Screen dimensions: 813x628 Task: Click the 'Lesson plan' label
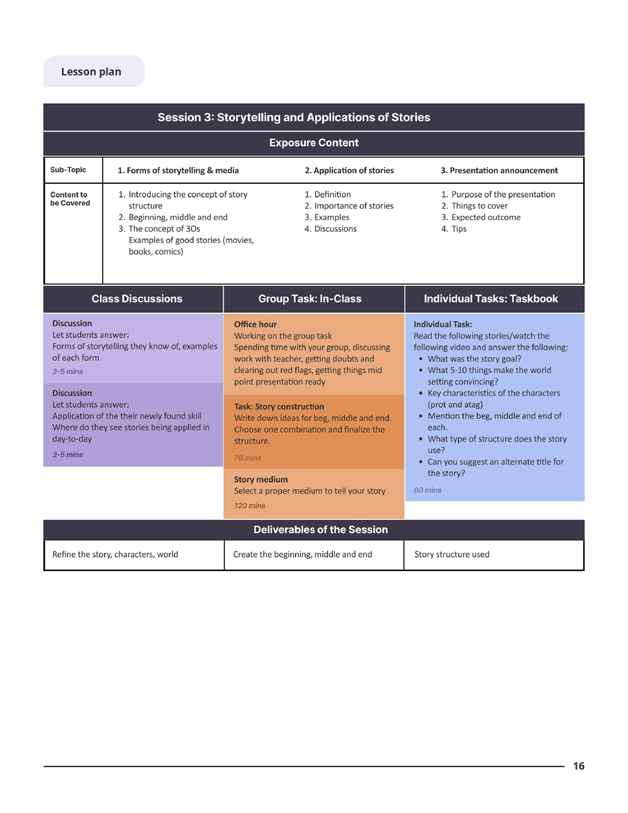click(x=91, y=72)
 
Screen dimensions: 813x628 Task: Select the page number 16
click(x=578, y=766)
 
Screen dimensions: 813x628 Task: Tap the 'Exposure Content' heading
click(x=313, y=143)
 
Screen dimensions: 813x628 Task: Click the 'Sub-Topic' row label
click(x=68, y=170)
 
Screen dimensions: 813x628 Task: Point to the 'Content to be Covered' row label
click(x=70, y=199)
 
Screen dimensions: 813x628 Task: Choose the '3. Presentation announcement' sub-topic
click(x=499, y=171)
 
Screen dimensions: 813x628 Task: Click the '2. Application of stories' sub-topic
click(x=349, y=171)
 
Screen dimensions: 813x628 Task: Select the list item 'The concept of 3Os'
click(x=164, y=229)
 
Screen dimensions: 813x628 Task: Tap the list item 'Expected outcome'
click(x=486, y=217)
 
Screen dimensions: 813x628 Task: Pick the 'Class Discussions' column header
click(x=137, y=299)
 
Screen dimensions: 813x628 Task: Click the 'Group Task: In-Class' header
click(x=310, y=299)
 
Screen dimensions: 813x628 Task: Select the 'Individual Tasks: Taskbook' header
click(x=490, y=299)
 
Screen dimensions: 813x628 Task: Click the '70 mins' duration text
click(x=248, y=458)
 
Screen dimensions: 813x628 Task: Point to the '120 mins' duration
click(x=250, y=506)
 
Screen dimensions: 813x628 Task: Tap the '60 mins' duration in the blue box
click(x=428, y=491)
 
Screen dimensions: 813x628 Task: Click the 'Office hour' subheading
click(x=255, y=325)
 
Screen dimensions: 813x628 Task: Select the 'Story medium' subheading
click(x=261, y=480)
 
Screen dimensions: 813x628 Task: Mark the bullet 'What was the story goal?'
click(x=474, y=359)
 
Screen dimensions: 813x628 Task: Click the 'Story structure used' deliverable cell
click(x=452, y=554)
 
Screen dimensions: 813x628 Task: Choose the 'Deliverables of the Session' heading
click(x=320, y=530)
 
